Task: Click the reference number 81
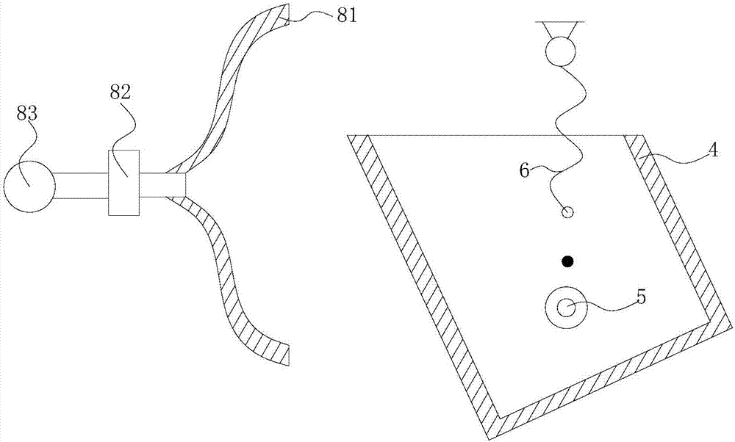pos(347,16)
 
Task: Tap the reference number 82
pos(120,93)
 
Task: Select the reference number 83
pos(27,114)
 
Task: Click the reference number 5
pos(640,297)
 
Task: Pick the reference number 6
pos(525,170)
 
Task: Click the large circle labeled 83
pos(29,186)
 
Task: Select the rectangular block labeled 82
pos(123,183)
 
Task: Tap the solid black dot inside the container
pos(567,261)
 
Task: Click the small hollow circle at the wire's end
pos(567,213)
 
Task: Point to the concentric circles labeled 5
pos(567,308)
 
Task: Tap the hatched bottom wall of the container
pos(609,374)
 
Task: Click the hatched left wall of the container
pos(422,281)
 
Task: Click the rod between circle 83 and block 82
pos(82,186)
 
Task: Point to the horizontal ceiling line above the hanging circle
pos(561,21)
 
